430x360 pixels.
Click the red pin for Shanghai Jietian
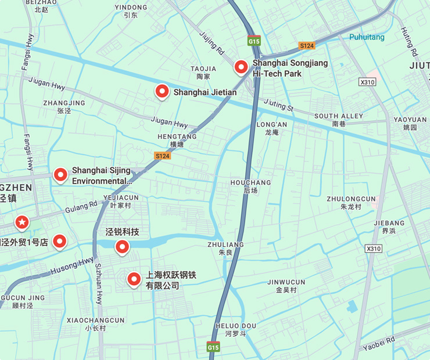162,91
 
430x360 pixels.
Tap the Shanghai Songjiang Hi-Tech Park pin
241,67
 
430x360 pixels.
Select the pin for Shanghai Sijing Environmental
60,174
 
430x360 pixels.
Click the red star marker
22,222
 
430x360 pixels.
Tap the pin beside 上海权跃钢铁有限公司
134,280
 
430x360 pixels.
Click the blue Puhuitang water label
367,37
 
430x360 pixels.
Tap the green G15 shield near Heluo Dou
213,347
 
